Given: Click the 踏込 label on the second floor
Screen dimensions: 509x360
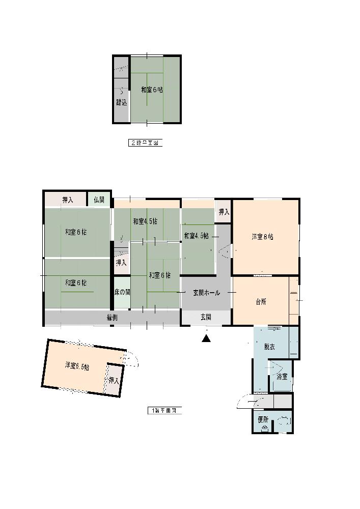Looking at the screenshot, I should coord(121,102).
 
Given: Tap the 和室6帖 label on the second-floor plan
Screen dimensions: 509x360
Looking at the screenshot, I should coord(152,90).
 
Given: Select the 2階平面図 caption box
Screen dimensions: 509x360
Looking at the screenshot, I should coord(145,143).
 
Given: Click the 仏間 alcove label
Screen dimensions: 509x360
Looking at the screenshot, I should coord(99,200).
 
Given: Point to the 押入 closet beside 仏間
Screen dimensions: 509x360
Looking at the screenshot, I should coord(68,200).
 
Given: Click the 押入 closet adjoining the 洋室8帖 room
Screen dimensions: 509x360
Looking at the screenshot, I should coord(224,211).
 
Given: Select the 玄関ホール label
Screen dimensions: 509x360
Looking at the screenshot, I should coord(206,293).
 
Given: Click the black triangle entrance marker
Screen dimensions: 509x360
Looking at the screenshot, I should coord(206,338).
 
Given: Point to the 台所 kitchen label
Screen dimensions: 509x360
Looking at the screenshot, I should coord(261,301).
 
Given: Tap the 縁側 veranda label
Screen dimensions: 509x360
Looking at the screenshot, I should coord(113,317).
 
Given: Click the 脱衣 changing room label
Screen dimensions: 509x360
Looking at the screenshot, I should coord(269,347).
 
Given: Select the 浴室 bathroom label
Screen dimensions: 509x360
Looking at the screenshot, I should coord(282,377).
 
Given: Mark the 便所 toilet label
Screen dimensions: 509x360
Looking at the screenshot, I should coord(263,420).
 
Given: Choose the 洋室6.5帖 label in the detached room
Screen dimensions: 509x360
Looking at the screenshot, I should coord(77,366).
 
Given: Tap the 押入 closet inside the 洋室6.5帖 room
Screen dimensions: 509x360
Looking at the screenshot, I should coord(114,380).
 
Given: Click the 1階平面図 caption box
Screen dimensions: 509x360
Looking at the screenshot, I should coord(164,410).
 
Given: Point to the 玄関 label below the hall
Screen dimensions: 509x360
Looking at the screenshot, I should coord(206,317).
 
